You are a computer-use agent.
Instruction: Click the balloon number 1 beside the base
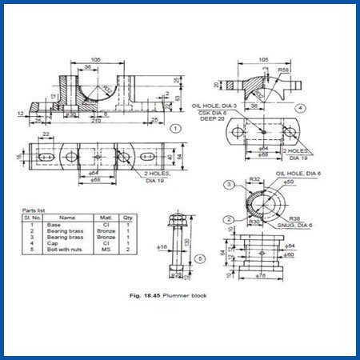click(x=174, y=127)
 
